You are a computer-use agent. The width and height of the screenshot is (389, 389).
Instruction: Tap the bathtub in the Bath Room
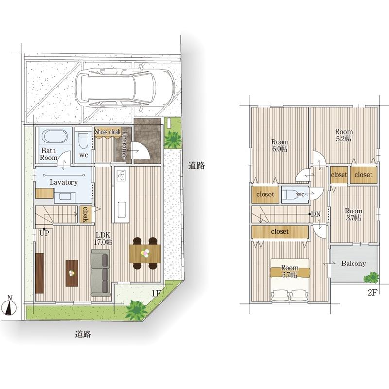pos(54,136)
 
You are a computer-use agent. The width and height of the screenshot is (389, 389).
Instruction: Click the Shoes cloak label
pos(107,131)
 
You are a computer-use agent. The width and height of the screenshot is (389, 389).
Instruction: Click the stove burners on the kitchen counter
pos(121,175)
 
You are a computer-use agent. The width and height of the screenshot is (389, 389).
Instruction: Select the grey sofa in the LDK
pos(101,273)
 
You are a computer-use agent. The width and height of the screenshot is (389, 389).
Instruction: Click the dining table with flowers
pos(145,253)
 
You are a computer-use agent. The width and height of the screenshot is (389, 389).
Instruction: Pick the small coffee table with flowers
pos(71,273)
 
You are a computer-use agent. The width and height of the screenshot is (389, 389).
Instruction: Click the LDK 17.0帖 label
pos(103,238)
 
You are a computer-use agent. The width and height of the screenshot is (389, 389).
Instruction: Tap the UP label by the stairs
pos(44,233)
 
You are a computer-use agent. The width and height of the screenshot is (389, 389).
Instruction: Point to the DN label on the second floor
pos(316,214)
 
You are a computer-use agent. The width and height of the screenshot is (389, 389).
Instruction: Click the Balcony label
pos(354,264)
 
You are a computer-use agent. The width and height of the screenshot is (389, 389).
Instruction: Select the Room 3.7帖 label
pos(354,214)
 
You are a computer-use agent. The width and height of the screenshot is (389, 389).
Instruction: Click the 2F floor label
pos(372,293)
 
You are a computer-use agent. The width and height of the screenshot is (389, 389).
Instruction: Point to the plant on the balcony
pos(371,277)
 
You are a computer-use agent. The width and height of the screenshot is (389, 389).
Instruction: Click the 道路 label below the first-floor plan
pos(83,334)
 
